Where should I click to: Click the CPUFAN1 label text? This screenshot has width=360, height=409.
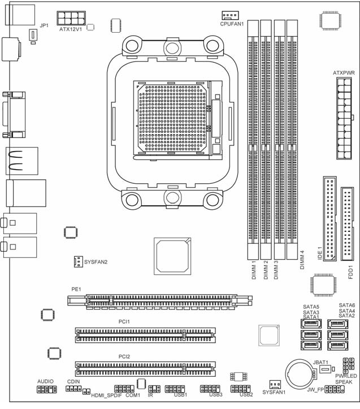tap(232, 24)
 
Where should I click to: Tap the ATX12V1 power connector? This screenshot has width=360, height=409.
tap(71, 18)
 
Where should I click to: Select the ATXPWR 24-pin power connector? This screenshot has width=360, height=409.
tap(344, 118)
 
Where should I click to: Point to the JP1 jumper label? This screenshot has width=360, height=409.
tap(44, 25)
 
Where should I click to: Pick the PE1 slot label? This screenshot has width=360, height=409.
tap(76, 289)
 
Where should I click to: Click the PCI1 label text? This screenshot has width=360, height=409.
tap(124, 322)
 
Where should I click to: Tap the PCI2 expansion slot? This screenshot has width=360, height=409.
tap(145, 369)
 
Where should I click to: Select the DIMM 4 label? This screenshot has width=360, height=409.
tap(302, 260)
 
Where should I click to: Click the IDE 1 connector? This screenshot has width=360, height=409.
tap(329, 218)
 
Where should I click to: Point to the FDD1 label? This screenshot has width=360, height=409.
tap(350, 272)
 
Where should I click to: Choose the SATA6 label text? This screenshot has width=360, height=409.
tap(346, 305)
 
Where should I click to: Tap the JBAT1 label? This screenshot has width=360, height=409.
tap(320, 362)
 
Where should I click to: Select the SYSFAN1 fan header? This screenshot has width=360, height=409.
tap(275, 384)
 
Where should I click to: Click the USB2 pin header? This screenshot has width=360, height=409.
tap(240, 389)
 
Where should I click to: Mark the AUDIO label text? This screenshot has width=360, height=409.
tap(45, 381)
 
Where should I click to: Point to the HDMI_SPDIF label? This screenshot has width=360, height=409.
tap(106, 395)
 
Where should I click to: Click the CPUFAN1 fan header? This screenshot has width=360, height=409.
tap(230, 15)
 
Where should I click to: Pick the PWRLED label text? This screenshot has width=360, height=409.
tap(346, 376)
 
